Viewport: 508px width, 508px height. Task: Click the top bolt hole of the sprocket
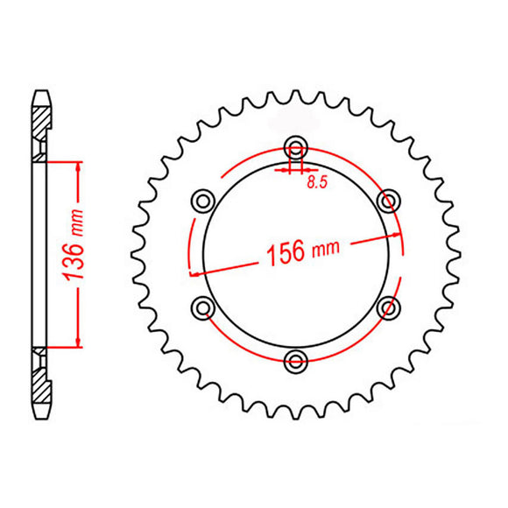(x=297, y=147)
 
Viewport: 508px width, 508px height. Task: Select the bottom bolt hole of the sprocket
(x=297, y=359)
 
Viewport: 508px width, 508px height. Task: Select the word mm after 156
(x=325, y=249)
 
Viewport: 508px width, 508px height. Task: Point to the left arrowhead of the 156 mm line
(x=194, y=273)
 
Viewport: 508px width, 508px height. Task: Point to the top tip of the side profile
(x=40, y=89)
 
